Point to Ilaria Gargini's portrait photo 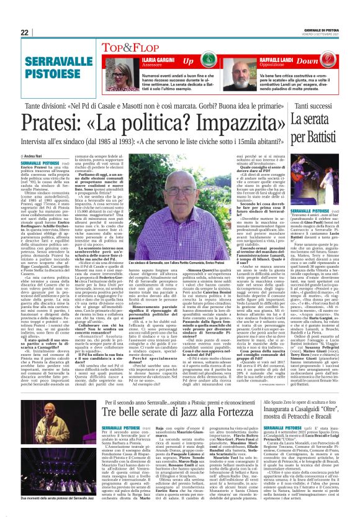(122, 69)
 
